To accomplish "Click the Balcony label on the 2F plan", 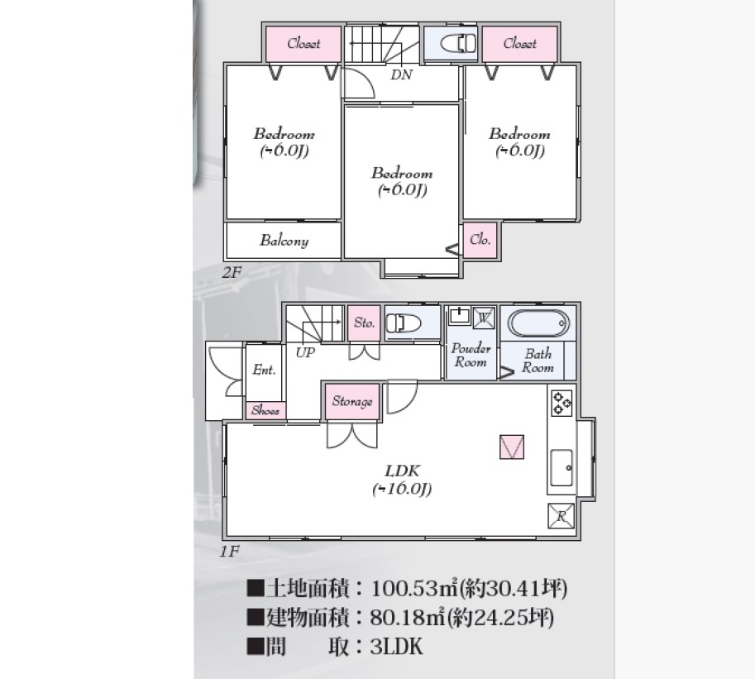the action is coord(284,240).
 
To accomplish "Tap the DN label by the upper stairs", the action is coord(401,74).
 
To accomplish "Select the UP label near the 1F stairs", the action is coord(305,352).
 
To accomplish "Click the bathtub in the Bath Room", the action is coord(538,323).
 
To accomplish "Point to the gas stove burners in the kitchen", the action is coord(562,403).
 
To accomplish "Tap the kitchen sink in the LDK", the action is coord(561,468).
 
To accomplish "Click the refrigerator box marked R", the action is coord(561,516).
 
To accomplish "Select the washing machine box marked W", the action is coord(484,318).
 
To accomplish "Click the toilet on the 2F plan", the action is coord(458,43).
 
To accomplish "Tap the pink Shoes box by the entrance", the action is coord(265,410).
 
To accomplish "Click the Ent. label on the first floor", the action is coord(264,370).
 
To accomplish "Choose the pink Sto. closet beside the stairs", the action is coord(364,323).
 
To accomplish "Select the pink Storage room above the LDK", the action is coord(352,401).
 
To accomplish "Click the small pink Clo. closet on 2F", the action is coord(480,239).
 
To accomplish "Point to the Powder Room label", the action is coord(471,355).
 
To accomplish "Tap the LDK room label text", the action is coord(402,479).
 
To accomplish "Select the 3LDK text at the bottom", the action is coord(396,646).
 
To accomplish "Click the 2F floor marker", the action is coord(231,273).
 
